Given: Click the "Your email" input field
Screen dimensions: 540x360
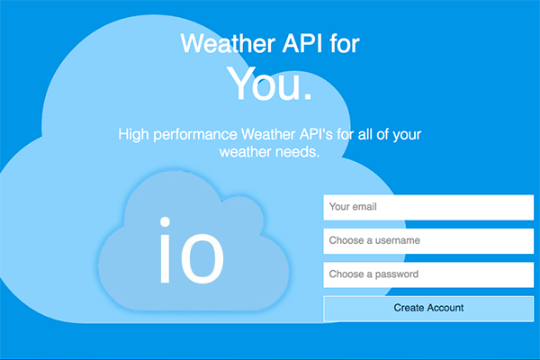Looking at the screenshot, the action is coord(428,207).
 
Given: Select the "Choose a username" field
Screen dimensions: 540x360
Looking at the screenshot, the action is coord(428,241).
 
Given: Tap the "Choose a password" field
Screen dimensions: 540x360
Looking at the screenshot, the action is coord(428,274).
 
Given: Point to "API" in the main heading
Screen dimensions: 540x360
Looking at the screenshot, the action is coord(302,43).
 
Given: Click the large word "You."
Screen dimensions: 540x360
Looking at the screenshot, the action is coord(269,84).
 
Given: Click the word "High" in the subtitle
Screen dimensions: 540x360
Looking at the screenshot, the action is coord(133,135).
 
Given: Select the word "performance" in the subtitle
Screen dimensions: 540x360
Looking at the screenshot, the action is coord(195,135).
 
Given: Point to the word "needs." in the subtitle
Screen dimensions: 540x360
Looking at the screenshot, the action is coord(298,152).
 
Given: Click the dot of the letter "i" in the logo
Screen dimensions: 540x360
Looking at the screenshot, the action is coord(165,222).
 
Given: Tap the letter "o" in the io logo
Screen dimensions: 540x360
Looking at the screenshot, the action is coord(202,258).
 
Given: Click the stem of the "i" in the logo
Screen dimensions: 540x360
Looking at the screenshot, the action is coord(165,258).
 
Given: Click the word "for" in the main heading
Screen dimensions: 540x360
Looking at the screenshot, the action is coord(345,43).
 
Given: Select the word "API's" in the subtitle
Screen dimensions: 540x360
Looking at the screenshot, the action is coord(316,134).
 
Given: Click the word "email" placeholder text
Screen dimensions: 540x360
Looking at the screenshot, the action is coord(365,207).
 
